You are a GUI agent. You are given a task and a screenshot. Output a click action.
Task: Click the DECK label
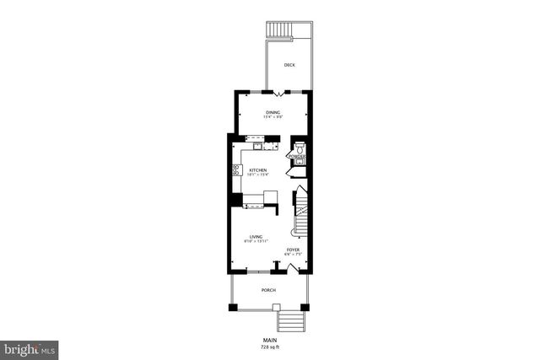coord(289,65)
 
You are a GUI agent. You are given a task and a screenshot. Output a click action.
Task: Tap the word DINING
coord(273,112)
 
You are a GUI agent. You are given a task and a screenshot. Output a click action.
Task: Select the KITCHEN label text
coord(257,170)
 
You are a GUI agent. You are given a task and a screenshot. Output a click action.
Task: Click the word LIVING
coord(255,237)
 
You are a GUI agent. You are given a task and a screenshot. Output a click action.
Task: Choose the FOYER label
coord(293,250)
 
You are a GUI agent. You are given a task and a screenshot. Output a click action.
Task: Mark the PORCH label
coord(268,290)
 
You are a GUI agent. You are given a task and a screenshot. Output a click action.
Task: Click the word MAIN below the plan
coord(270,341)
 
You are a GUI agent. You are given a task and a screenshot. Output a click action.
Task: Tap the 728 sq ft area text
coord(270,347)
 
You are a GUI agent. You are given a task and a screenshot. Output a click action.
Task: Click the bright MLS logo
coord(30,348)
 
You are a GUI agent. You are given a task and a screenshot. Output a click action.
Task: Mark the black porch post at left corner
coord(233,307)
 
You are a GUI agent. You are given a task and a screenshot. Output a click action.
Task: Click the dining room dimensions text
coord(273,117)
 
